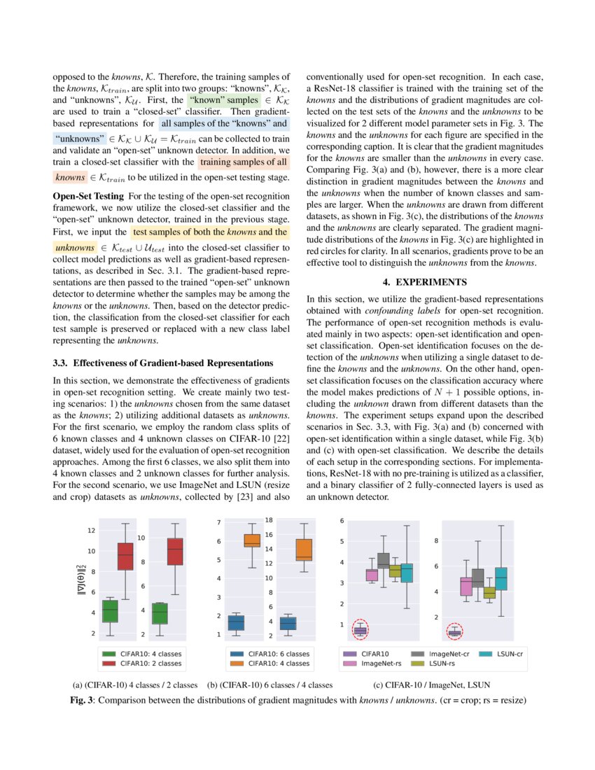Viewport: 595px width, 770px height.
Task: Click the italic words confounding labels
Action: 397,311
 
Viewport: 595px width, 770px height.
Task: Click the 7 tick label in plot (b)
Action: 219,523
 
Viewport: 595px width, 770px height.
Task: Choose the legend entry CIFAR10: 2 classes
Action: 150,663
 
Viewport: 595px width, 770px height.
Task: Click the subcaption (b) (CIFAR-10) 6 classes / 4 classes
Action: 270,685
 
